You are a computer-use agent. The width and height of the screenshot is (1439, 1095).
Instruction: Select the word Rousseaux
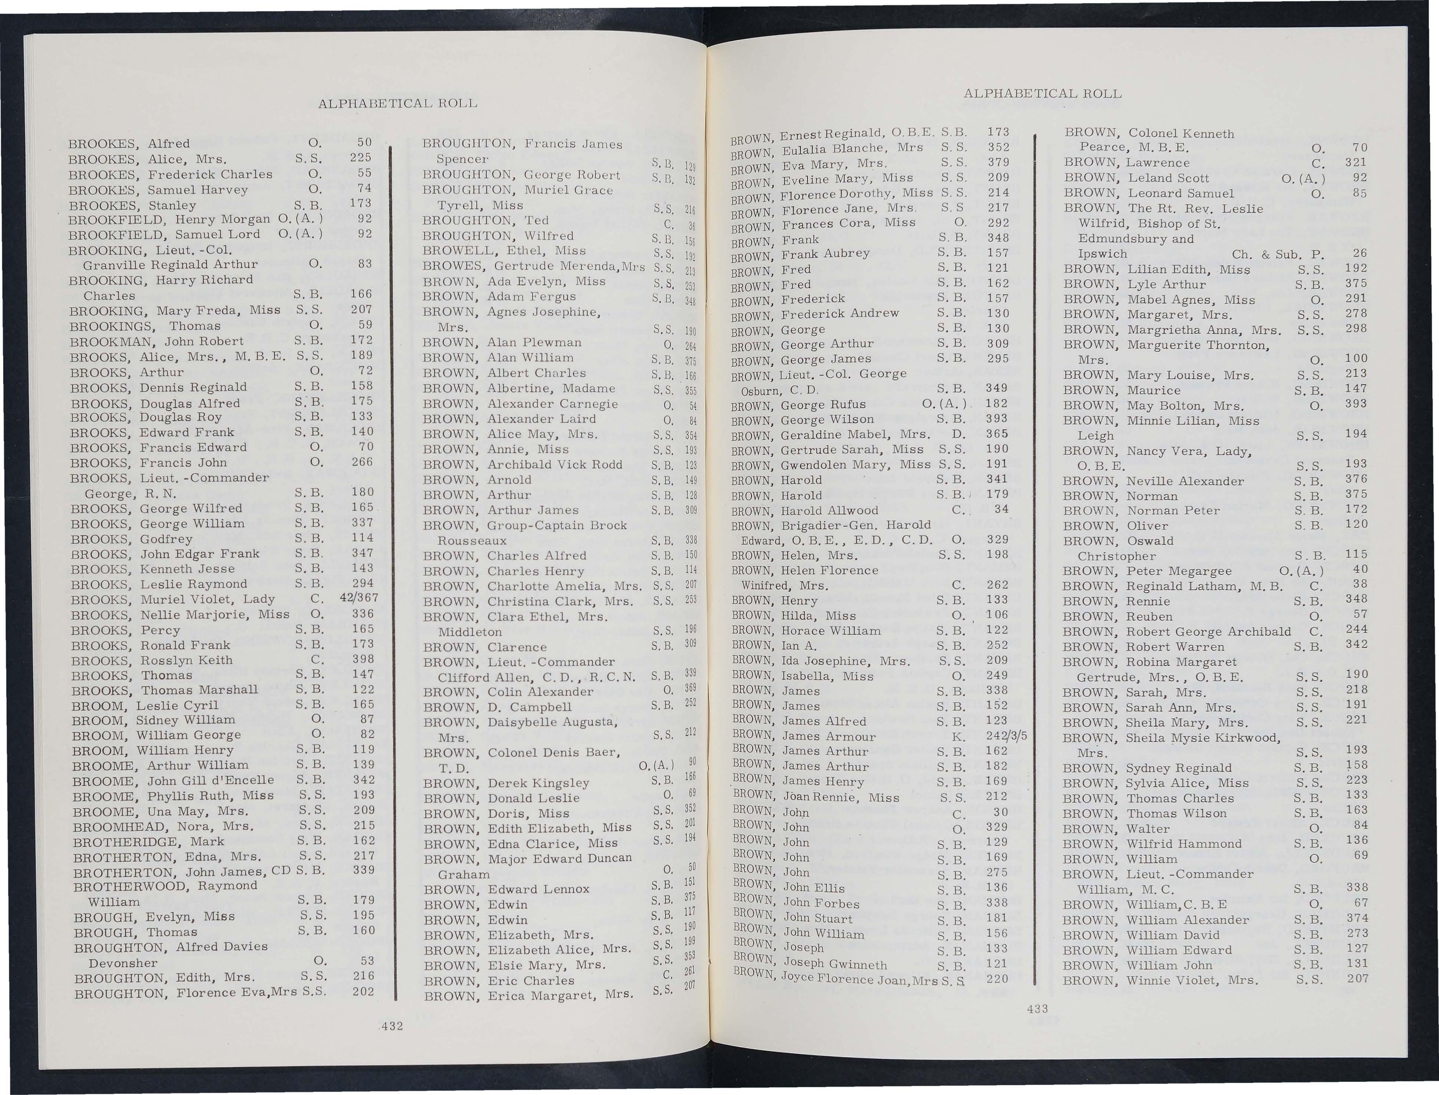[x=472, y=540]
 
